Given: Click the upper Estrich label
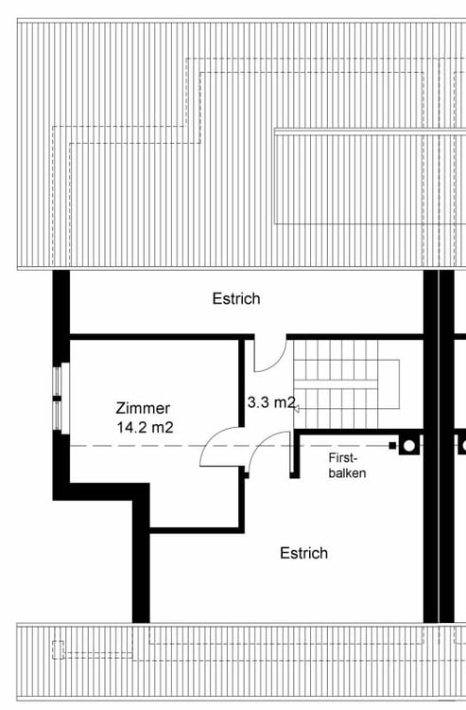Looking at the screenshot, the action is [x=236, y=298].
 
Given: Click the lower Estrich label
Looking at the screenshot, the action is [x=303, y=553].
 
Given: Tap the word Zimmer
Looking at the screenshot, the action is [x=143, y=408].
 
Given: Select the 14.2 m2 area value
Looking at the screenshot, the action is [x=145, y=427].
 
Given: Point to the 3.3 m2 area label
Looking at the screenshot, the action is [x=271, y=402].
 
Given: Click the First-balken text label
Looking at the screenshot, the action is [x=347, y=466].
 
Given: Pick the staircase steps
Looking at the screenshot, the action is [x=336, y=384].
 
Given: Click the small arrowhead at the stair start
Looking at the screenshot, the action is [x=297, y=409].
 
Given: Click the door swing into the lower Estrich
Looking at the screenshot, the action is [x=261, y=445].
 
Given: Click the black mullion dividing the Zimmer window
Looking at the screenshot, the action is [x=57, y=399].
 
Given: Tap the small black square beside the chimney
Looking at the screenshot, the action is [x=392, y=446].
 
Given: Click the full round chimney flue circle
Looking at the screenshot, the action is [x=409, y=446].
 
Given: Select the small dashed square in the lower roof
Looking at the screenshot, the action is [x=58, y=650].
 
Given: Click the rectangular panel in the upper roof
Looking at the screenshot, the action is [x=371, y=177].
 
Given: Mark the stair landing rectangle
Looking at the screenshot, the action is [x=388, y=384].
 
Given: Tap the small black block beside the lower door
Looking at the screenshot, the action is [x=247, y=475].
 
